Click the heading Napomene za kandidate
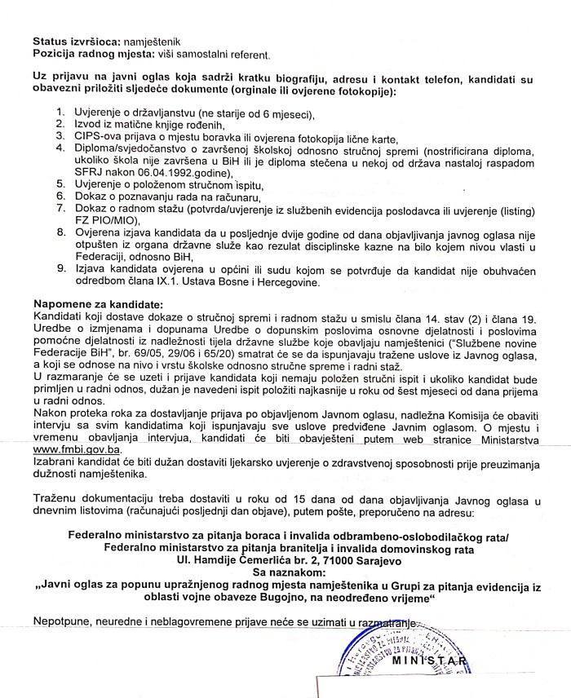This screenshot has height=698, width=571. [98, 303]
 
